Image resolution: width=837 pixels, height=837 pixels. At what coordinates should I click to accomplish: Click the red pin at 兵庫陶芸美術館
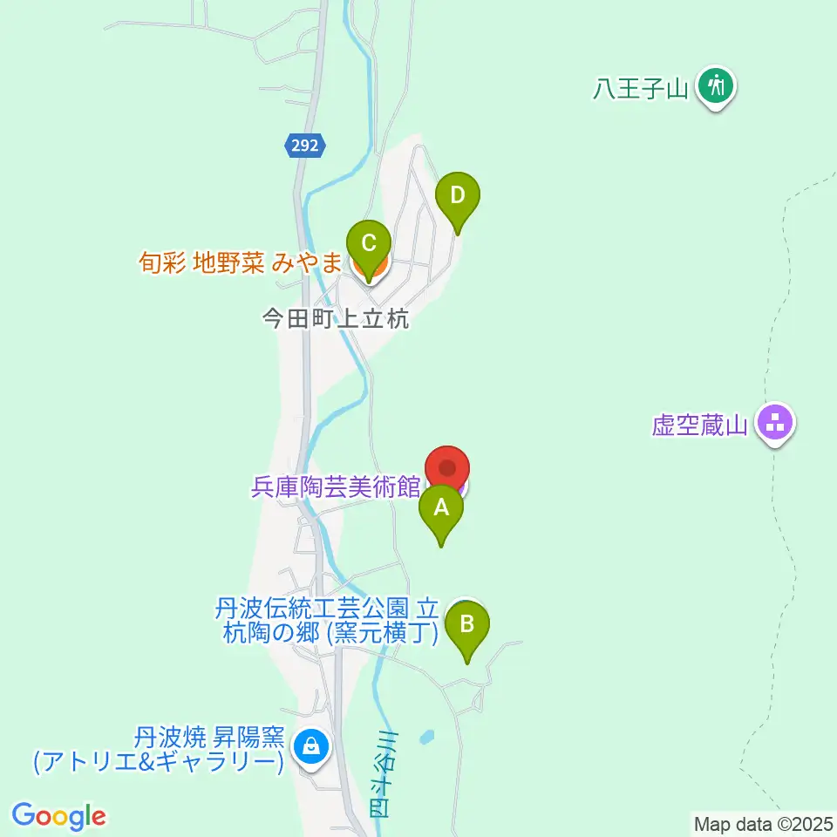[x=447, y=469]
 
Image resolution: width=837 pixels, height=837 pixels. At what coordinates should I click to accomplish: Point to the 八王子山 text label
[x=642, y=88]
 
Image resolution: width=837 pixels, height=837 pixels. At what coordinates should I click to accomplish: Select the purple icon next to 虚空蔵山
[x=775, y=424]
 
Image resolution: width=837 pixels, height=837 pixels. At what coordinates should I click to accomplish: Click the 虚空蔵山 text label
[x=700, y=426]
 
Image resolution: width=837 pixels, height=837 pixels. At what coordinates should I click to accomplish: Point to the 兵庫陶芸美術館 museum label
[x=337, y=487]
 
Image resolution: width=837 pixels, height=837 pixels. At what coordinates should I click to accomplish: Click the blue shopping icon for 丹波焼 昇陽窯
[x=309, y=745]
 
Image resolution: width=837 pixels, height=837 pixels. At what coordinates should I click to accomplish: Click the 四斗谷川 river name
[x=382, y=774]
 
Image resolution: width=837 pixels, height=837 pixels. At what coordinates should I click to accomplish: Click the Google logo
[x=59, y=816]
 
